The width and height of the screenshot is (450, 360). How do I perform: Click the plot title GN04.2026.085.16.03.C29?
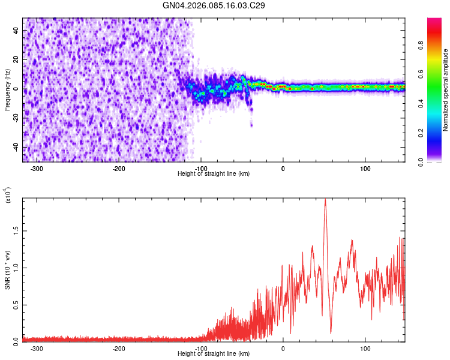(214, 5)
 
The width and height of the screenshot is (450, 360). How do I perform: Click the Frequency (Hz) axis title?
(7, 90)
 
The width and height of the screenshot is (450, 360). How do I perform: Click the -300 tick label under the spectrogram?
(37, 168)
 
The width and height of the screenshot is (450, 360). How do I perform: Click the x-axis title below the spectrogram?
(214, 173)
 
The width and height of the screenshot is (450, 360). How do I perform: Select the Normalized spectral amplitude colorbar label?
(446, 90)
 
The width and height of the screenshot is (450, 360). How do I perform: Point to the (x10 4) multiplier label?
(8, 196)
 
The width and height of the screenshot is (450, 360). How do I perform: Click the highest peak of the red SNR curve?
(325, 200)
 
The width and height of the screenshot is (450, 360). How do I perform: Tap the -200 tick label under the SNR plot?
(119, 348)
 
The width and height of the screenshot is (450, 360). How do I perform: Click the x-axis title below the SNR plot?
(214, 353)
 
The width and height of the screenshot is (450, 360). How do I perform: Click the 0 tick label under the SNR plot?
(283, 348)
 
